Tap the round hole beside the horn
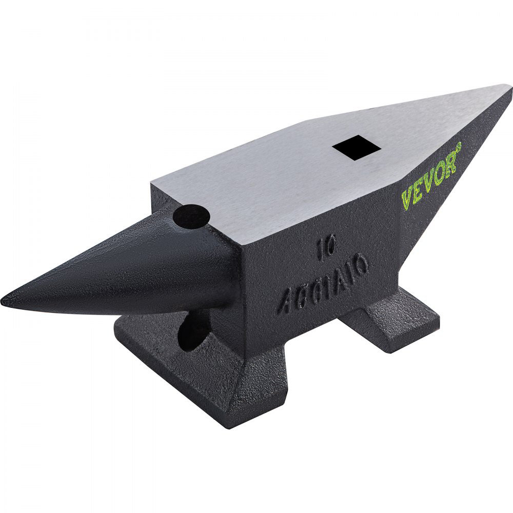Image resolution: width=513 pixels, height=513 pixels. point(191,216)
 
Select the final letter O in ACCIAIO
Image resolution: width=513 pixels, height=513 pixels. point(361,270)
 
